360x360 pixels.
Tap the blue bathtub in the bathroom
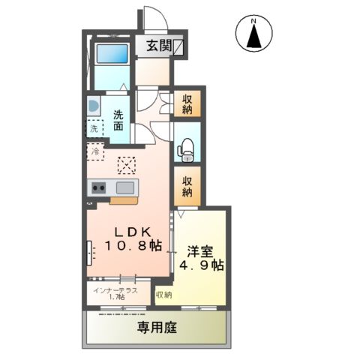[110, 55]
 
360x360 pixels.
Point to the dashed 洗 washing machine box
[94, 129]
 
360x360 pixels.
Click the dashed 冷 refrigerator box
[96, 152]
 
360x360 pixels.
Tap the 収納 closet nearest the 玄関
[187, 104]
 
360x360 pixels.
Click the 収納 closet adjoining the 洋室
[187, 186]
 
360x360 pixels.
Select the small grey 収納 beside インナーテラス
[163, 295]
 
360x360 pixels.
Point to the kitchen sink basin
[124, 187]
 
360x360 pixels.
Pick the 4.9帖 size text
[199, 265]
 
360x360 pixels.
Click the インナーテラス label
[115, 289]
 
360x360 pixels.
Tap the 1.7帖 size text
[115, 298]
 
